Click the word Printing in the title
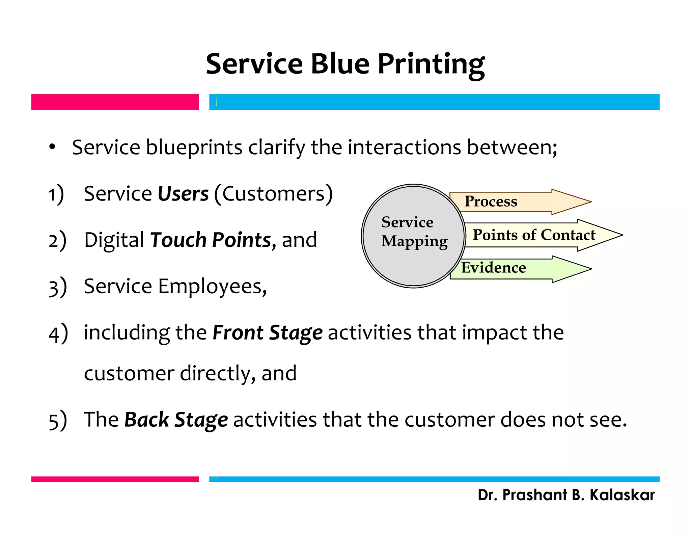click(431, 64)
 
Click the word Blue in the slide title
click(340, 64)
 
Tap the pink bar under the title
click(115, 102)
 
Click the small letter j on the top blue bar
click(217, 102)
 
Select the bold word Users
click(183, 194)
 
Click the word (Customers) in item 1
click(273, 194)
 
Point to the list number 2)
click(57, 240)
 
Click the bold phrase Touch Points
click(211, 240)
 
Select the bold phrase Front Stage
click(267, 332)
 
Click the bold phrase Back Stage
click(176, 420)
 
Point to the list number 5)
click(58, 421)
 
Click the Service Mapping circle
click(414, 236)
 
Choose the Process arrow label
click(491, 202)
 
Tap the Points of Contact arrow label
click(534, 235)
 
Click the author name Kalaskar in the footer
click(622, 495)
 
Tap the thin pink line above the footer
click(115, 479)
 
